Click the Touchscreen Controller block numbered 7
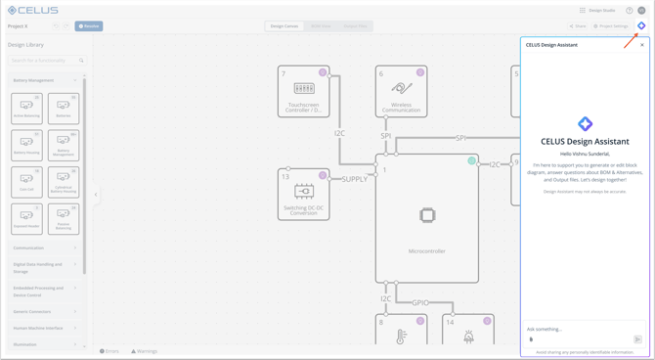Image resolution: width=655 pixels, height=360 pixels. [303, 92]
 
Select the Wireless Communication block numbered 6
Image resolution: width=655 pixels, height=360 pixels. [401, 92]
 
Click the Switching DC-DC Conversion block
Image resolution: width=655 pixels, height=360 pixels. [303, 194]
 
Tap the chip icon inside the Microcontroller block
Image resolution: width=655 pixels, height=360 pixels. [427, 215]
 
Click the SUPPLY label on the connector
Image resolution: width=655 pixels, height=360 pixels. [354, 179]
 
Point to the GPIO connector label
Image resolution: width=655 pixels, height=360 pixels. [420, 303]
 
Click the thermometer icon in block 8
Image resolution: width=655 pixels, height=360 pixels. [400, 337]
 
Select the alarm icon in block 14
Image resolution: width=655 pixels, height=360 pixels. [468, 337]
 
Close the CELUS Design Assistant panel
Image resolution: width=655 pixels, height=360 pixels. [642, 45]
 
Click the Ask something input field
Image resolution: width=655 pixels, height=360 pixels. [577, 329]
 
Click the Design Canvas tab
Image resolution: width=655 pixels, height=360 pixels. [284, 26]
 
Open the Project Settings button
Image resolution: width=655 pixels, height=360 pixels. [611, 26]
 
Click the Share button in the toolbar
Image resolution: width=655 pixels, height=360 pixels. [578, 26]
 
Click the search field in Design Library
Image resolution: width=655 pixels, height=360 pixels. [45, 61]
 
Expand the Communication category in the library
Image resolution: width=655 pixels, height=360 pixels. [45, 248]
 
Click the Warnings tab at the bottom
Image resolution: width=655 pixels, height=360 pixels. [145, 351]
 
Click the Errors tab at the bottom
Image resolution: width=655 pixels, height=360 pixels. [109, 351]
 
